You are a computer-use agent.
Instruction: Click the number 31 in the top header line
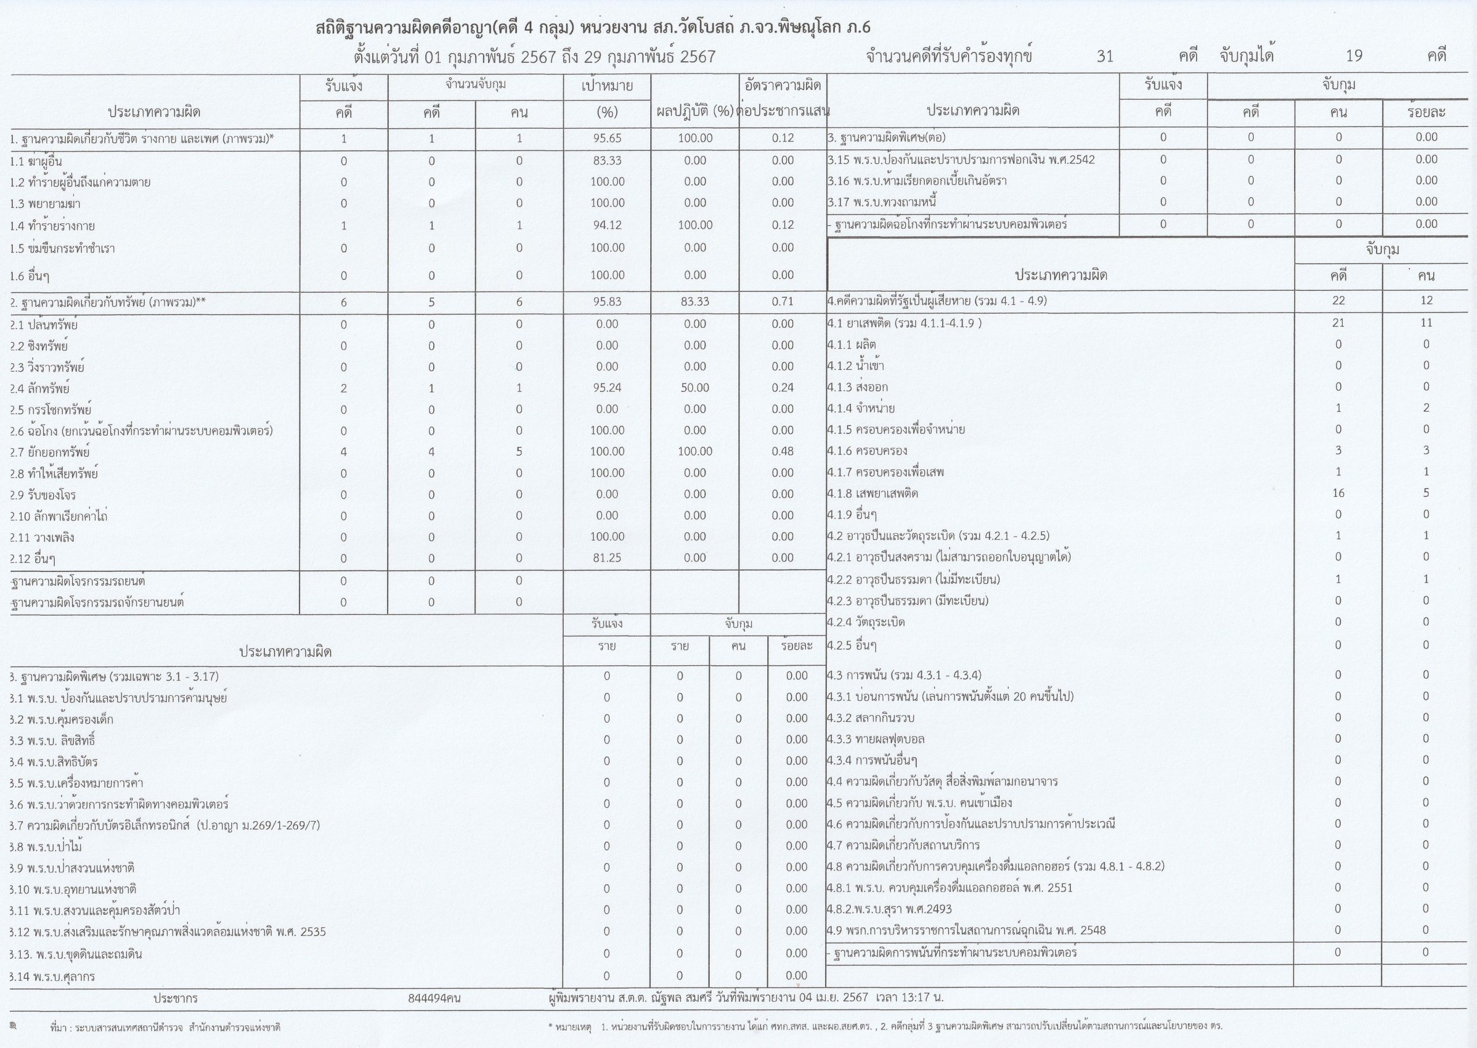[x=1105, y=56]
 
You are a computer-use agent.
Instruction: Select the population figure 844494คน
[x=434, y=998]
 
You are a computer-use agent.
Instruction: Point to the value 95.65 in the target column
[x=607, y=138]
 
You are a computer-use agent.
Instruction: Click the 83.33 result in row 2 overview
[x=695, y=301]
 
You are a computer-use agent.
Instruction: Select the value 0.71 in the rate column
[x=782, y=301]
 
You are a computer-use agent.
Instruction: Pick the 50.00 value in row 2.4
[x=695, y=388]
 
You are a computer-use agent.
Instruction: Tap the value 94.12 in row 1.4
[x=607, y=225]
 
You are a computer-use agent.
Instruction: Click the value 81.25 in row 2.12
[x=607, y=558]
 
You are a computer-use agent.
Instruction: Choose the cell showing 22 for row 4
[x=1339, y=301]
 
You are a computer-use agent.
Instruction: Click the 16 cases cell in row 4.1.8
[x=1339, y=493]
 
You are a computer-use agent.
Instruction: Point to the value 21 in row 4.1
[x=1339, y=323]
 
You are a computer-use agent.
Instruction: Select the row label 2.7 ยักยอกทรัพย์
[x=50, y=452]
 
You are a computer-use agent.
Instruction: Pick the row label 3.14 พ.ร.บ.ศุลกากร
[x=53, y=977]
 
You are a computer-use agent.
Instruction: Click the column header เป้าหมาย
[x=607, y=87]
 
